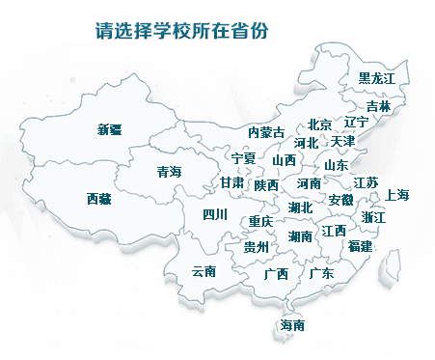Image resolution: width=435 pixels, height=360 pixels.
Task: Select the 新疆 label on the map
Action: (x=110, y=130)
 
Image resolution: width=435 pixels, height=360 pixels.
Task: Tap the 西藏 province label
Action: (x=98, y=199)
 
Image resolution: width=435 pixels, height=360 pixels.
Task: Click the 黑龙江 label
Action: (x=377, y=77)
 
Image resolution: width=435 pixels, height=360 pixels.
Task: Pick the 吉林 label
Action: (x=379, y=106)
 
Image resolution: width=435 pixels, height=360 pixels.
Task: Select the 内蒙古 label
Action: (x=266, y=132)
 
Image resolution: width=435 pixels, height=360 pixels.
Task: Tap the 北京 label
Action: (x=320, y=124)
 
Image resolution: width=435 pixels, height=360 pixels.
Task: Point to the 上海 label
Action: (x=397, y=195)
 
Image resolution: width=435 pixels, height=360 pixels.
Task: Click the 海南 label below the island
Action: (x=292, y=325)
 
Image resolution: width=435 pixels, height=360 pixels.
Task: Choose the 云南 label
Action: (x=204, y=271)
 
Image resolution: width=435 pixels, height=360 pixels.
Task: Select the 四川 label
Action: (x=214, y=215)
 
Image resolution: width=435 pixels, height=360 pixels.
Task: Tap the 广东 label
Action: (x=322, y=273)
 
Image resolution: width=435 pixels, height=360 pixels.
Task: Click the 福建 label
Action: (x=361, y=247)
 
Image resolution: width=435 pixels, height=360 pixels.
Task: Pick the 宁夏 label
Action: (x=244, y=157)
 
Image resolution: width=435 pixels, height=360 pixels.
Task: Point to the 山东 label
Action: (x=336, y=164)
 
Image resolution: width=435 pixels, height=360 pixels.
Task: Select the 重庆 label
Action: (x=261, y=221)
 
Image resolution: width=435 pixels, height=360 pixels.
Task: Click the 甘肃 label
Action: (x=231, y=182)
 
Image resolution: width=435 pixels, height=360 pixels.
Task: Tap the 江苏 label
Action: (x=366, y=182)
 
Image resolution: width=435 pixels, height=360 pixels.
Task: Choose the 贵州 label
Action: (x=256, y=248)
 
